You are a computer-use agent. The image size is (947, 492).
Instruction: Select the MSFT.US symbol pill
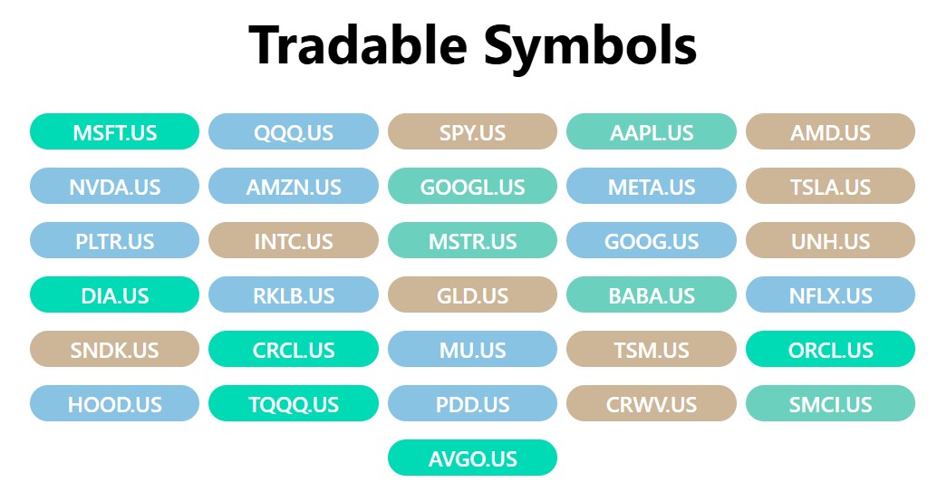[x=114, y=132]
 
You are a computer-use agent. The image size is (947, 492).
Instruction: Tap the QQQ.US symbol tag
[x=294, y=132]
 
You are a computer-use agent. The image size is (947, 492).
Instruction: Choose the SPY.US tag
[x=472, y=132]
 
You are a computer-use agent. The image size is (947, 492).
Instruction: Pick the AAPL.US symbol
[x=652, y=132]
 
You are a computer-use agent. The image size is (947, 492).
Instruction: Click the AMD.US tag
[x=830, y=132]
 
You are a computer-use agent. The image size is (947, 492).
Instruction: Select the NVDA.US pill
[x=114, y=187]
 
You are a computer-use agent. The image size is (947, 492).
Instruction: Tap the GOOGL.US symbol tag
[x=472, y=187]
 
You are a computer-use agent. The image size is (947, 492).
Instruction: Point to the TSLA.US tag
[x=830, y=187]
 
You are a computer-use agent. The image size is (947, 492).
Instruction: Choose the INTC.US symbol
[x=294, y=241]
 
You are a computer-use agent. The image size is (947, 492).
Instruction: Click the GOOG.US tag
[x=652, y=241]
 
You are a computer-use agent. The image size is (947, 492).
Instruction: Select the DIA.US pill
[x=114, y=295]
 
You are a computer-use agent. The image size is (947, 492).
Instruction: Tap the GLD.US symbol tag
[x=472, y=295]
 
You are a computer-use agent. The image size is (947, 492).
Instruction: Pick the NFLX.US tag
[x=830, y=295]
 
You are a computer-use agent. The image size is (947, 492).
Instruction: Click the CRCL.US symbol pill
[x=294, y=350]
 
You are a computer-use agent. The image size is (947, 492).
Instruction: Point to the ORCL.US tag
[x=830, y=350]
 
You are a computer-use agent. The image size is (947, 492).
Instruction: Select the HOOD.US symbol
[x=114, y=404]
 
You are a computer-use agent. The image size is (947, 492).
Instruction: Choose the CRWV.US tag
[x=652, y=404]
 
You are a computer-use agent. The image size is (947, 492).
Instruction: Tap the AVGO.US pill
[x=472, y=458]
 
